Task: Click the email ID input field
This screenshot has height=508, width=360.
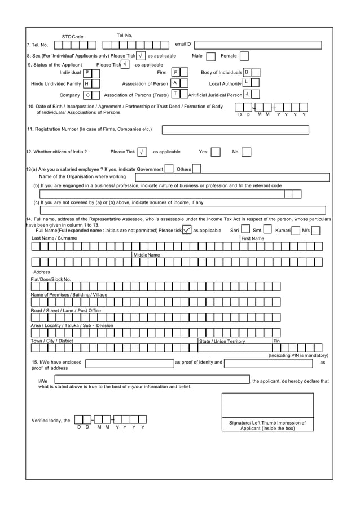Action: click(257, 45)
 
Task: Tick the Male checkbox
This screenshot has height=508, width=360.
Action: click(210, 56)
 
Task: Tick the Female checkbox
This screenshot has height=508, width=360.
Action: click(245, 56)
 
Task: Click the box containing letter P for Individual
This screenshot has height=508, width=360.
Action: click(87, 73)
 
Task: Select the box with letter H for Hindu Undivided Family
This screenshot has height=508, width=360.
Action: click(87, 84)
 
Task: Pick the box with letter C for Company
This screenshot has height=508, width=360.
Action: click(88, 95)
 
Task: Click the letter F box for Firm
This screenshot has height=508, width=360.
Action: click(175, 72)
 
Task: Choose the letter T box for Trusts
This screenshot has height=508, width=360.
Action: click(175, 94)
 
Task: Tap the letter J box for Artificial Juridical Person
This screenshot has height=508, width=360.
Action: click(247, 94)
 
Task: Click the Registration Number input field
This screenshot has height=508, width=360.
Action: click(235, 130)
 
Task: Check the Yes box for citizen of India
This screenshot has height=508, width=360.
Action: click(217, 152)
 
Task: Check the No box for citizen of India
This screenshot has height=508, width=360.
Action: click(247, 152)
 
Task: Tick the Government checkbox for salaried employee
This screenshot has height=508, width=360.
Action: click(169, 169)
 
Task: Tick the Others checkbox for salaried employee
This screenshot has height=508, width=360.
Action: click(197, 169)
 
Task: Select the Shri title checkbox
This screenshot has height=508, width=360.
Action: click(246, 230)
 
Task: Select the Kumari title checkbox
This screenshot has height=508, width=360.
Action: click(296, 230)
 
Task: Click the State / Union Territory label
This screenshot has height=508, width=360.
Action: click(222, 341)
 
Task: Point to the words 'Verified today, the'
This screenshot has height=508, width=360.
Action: click(51, 421)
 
